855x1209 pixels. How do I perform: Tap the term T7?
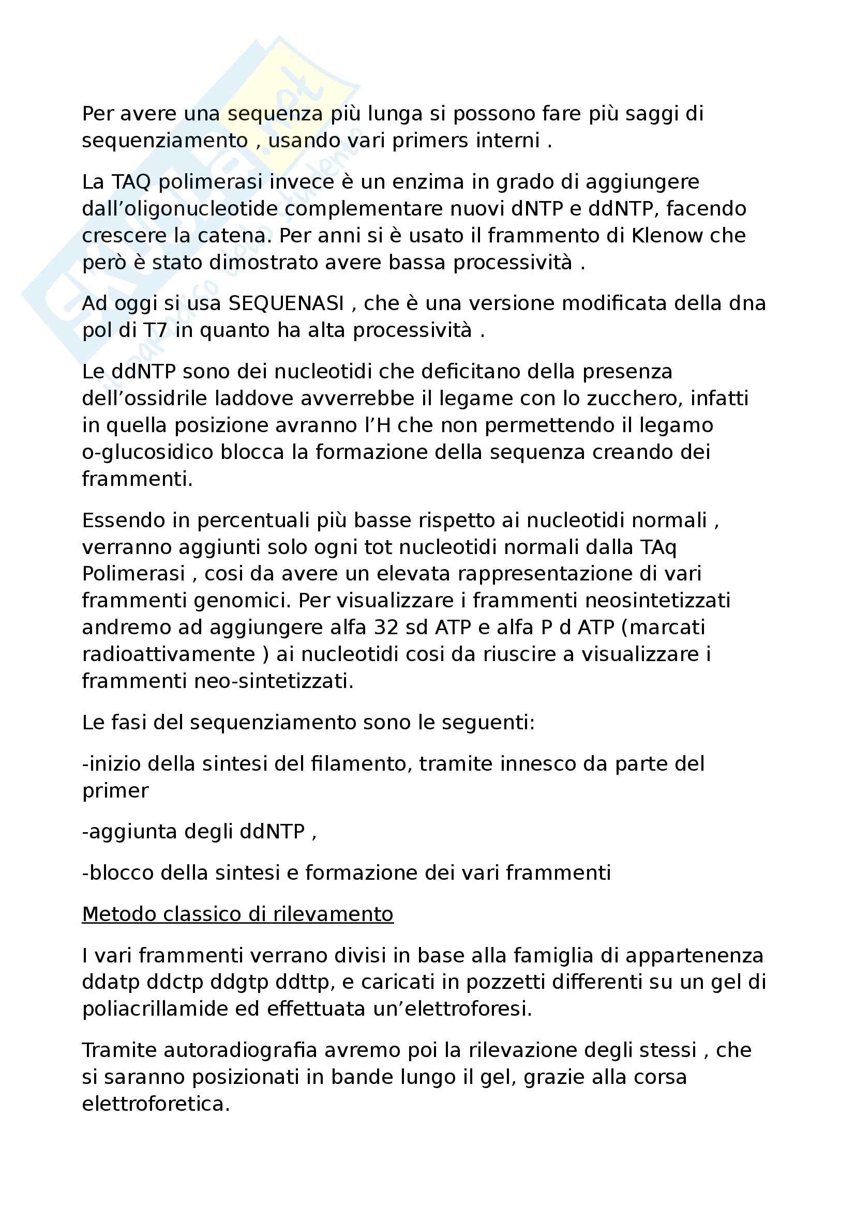click(x=155, y=330)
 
